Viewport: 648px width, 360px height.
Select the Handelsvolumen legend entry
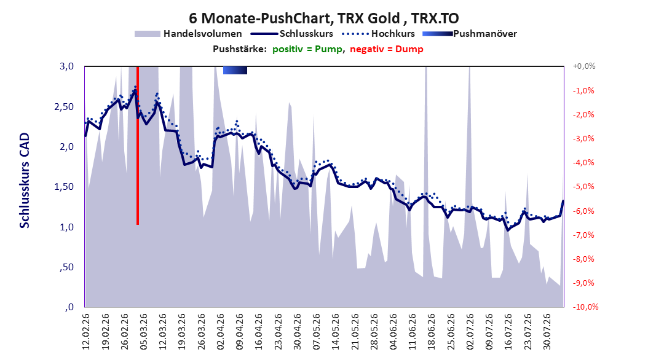tap(188, 34)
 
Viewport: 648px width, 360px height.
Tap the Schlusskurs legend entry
tap(292, 34)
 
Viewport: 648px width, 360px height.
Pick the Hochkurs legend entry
tap(378, 34)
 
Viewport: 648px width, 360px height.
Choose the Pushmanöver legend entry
tap(470, 34)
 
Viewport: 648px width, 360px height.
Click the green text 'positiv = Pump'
tap(307, 49)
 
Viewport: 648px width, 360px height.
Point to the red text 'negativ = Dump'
tap(387, 49)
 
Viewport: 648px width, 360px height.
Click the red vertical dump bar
tap(138, 146)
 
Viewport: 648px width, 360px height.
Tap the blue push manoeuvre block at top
tap(235, 70)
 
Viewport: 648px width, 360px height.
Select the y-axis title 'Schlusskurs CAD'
tap(25, 181)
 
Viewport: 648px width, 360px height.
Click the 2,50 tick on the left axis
tap(64, 106)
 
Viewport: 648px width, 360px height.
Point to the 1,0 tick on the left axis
tap(66, 227)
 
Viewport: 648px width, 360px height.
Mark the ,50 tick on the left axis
tap(66, 267)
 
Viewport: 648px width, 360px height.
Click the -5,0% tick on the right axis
tap(583, 187)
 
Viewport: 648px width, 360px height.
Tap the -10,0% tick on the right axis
tap(585, 307)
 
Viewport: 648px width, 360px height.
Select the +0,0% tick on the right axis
tap(584, 66)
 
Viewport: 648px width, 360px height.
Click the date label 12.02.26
tap(86, 332)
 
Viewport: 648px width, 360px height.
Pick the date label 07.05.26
tap(317, 332)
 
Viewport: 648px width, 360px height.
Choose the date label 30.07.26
tap(547, 332)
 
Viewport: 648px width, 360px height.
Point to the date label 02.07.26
tap(470, 332)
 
